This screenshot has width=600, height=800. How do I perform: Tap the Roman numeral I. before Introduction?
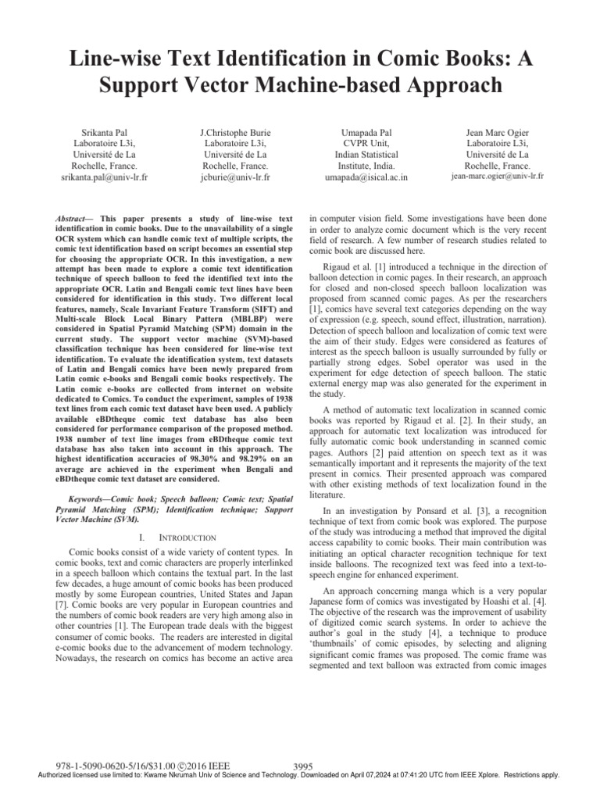point(139,538)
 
